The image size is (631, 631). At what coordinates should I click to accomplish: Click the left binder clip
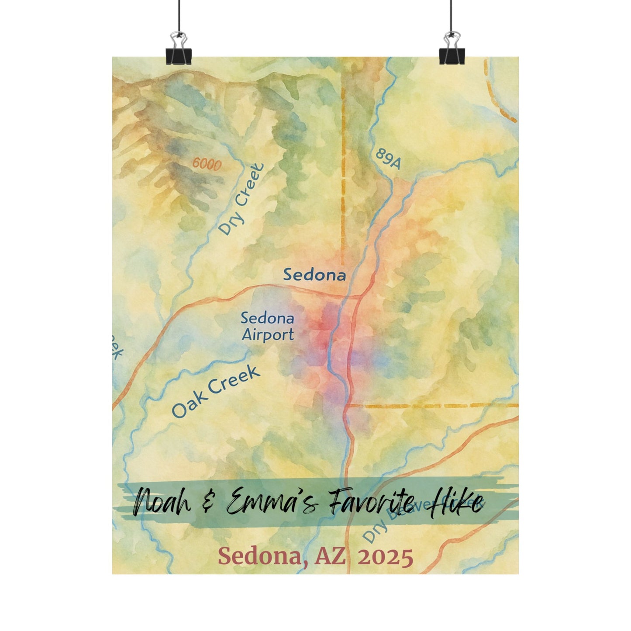click(x=178, y=50)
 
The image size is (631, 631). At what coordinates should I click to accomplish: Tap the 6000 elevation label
click(x=207, y=164)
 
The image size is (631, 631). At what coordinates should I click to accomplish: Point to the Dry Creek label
click(x=241, y=199)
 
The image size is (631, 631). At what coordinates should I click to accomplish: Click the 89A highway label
click(x=387, y=159)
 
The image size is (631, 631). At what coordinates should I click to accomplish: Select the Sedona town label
click(x=314, y=275)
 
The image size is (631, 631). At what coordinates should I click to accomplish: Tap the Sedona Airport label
click(x=267, y=327)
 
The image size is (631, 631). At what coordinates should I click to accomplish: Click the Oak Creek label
click(x=216, y=392)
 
